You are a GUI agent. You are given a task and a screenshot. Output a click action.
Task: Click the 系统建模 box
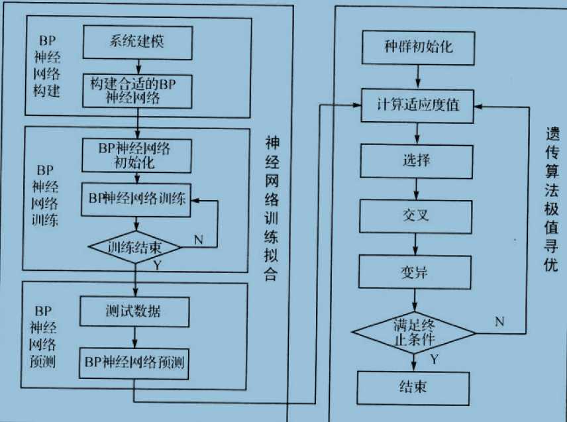[x=137, y=42]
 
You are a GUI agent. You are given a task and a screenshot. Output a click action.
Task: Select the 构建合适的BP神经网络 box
[x=137, y=91]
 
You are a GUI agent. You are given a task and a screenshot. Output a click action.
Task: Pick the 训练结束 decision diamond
[x=136, y=248]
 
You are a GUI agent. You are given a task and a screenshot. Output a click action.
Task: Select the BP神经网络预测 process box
[x=135, y=362]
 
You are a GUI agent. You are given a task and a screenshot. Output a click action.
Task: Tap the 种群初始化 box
[x=417, y=48]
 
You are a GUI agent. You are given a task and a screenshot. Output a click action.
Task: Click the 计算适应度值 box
[x=417, y=106]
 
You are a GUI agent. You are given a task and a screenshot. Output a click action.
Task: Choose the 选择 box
[x=417, y=160]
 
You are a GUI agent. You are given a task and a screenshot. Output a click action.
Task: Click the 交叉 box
[x=417, y=217]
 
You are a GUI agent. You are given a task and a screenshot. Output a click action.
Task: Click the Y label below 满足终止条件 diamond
[x=434, y=360]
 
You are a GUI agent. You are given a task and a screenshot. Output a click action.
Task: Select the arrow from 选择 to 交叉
[x=416, y=188]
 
